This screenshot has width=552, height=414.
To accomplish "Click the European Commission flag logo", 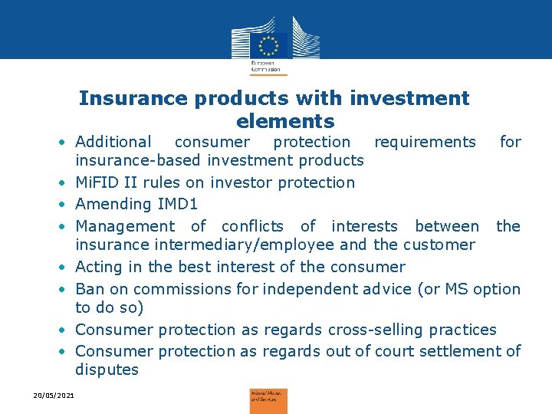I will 268,44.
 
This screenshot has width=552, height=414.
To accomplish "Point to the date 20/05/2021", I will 54,394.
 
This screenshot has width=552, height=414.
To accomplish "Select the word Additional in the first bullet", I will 113,142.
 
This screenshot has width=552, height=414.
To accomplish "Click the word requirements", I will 424,142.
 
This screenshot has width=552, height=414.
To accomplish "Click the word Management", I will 125,226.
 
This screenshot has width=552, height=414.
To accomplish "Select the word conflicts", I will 252,226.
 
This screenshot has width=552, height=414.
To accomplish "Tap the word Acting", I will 99,267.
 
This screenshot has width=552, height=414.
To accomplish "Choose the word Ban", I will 89,289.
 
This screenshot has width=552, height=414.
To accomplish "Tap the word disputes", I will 107,370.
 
